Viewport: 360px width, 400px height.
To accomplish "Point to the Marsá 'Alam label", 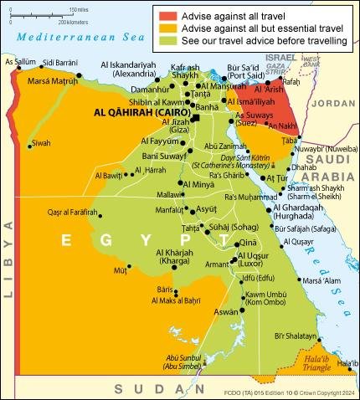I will [323, 280].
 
